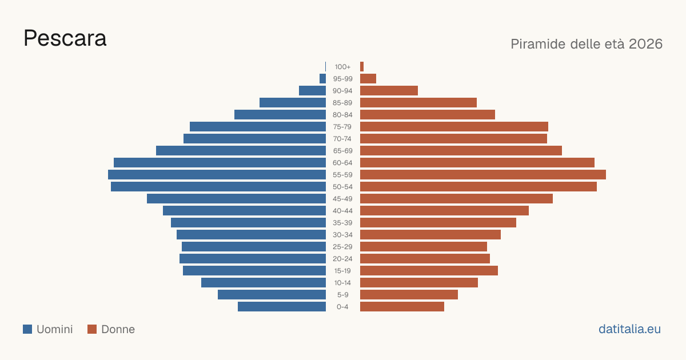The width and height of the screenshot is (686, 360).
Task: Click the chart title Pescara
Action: click(65, 38)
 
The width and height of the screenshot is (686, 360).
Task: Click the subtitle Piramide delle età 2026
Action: click(587, 44)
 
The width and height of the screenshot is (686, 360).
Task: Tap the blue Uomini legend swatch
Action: click(27, 329)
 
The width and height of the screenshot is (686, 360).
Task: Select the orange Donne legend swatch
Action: click(92, 329)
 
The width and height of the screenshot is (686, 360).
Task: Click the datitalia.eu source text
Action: click(629, 329)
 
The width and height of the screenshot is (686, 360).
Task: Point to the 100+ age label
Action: click(342, 67)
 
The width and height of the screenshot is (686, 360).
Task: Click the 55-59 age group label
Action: click(342, 175)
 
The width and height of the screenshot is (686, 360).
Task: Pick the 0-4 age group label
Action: click(342, 307)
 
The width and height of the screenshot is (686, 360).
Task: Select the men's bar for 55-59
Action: click(217, 175)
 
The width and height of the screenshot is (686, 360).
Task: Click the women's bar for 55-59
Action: click(483, 175)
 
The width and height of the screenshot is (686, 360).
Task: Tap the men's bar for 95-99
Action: click(323, 79)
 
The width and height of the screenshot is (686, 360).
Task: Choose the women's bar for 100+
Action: click(362, 67)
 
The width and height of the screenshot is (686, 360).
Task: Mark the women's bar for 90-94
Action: click(389, 91)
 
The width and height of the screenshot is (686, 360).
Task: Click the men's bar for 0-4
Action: click(282, 307)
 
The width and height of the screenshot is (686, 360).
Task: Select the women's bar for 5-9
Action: click(409, 295)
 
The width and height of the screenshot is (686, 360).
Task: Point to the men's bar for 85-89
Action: click(293, 102)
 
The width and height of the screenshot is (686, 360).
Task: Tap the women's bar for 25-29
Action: click(424, 247)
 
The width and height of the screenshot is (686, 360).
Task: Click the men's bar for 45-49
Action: click(237, 199)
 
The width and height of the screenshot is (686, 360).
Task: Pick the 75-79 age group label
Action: click(342, 127)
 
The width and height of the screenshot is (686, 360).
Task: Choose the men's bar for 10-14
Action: click(264, 282)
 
